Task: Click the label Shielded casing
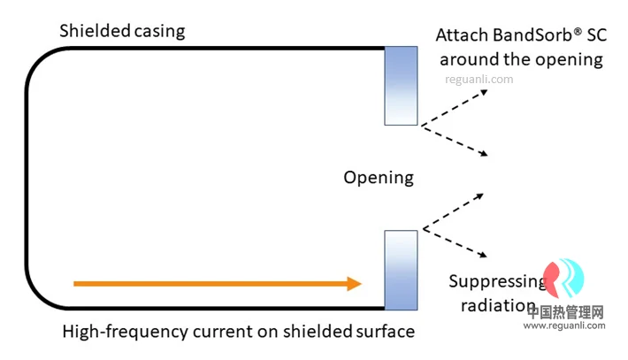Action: pos(122,31)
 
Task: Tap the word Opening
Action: pos(379,178)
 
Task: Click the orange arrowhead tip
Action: pos(361,284)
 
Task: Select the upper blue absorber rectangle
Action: pos(401,86)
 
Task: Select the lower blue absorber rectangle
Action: pos(401,270)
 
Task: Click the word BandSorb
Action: pos(532,35)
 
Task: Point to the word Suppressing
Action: pos(497,282)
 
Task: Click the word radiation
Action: pos(498,306)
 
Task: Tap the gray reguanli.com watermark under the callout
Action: pos(479,80)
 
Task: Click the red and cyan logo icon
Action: pos(563,278)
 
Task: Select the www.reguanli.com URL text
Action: pos(564,326)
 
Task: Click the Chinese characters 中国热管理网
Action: pos(565,312)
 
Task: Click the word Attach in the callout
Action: pos(462,35)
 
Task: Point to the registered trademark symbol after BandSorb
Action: pos(577,31)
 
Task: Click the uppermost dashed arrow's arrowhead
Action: pos(484,93)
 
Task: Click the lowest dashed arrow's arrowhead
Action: pos(484,254)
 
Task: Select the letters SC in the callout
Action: pos(597,35)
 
